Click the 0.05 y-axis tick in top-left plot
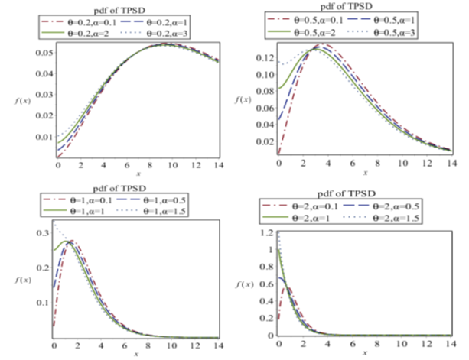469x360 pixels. coord(44,52)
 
